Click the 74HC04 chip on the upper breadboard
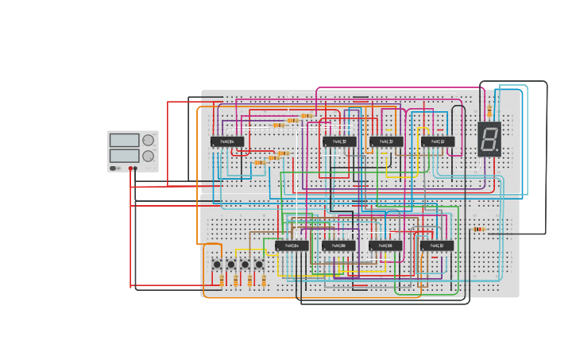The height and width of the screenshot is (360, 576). coord(227,142)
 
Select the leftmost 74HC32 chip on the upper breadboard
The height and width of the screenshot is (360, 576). coord(339,142)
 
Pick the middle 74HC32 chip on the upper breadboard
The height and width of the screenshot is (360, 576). coord(386,142)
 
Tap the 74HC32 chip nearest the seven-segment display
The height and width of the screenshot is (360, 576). coord(438,142)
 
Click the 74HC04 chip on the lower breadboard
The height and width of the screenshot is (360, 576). coord(292,246)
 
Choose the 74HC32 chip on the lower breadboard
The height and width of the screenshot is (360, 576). coord(437,246)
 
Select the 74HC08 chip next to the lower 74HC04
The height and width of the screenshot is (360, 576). coord(339,246)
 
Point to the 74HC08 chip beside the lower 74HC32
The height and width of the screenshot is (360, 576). coord(385,246)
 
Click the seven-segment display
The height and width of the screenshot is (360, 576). coord(489,139)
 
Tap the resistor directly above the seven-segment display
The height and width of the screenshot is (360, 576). coord(489,112)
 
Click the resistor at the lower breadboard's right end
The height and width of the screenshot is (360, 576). coord(478,230)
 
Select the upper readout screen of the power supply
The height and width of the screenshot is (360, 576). coord(124,141)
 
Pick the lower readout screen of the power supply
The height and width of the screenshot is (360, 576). coord(124,156)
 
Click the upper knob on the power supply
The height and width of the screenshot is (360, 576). coord(148,141)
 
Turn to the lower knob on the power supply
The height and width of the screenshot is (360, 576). coord(148,156)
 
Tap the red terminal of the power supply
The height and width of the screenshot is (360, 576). coord(131,168)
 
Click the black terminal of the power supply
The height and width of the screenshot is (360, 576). coord(136,168)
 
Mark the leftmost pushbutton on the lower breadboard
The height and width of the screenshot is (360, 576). coord(217,265)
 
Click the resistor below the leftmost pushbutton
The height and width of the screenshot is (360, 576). coord(222,280)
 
